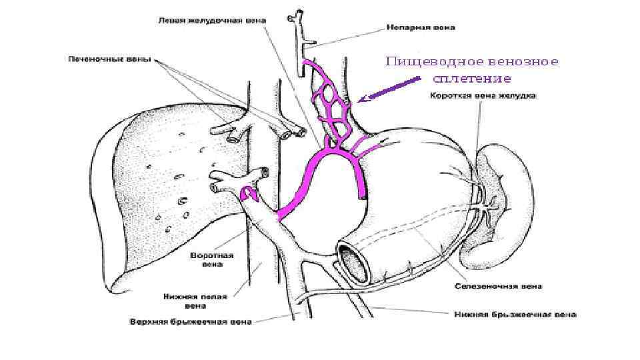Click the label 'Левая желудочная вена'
212,21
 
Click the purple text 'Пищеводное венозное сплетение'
472,70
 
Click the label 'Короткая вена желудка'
483,95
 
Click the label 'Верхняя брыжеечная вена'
191,321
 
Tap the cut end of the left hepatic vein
287,134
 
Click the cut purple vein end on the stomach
362,195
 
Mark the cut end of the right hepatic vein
234,138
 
